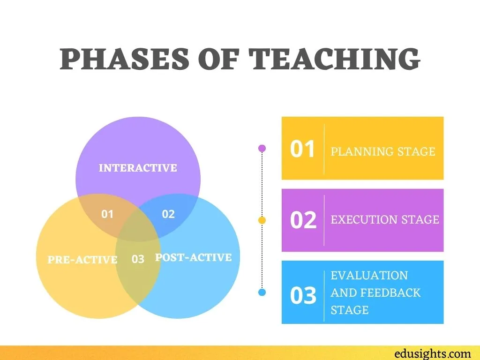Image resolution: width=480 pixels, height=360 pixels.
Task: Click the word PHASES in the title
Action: click(x=125, y=59)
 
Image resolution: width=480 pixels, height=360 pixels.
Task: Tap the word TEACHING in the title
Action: click(x=334, y=59)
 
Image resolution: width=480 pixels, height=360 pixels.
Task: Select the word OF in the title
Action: click(x=219, y=59)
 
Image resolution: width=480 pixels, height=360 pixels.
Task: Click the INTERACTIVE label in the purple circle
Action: click(x=138, y=168)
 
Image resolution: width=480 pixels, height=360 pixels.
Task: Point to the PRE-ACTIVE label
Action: click(x=82, y=260)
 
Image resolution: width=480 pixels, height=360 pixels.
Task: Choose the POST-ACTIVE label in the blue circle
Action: click(x=194, y=257)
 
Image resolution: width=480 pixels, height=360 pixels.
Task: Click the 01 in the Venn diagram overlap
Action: click(x=107, y=214)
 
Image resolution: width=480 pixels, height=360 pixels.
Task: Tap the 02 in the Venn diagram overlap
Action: click(x=168, y=214)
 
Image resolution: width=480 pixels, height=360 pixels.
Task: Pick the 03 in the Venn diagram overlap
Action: click(x=138, y=259)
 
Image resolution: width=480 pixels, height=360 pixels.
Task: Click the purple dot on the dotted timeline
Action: click(x=262, y=148)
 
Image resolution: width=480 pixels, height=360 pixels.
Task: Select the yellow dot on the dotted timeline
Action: click(x=262, y=220)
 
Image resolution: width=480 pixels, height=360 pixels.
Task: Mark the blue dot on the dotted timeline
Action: click(x=262, y=292)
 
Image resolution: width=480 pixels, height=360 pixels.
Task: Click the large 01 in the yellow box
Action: click(x=302, y=149)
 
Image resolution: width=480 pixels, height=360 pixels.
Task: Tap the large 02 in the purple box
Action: click(x=303, y=220)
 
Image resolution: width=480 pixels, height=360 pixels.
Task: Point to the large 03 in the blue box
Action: click(x=303, y=295)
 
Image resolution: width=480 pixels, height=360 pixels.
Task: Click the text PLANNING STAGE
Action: click(x=383, y=151)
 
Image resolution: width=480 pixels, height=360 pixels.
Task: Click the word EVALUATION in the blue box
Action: click(x=369, y=276)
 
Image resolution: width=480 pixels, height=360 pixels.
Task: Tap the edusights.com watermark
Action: click(x=433, y=353)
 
